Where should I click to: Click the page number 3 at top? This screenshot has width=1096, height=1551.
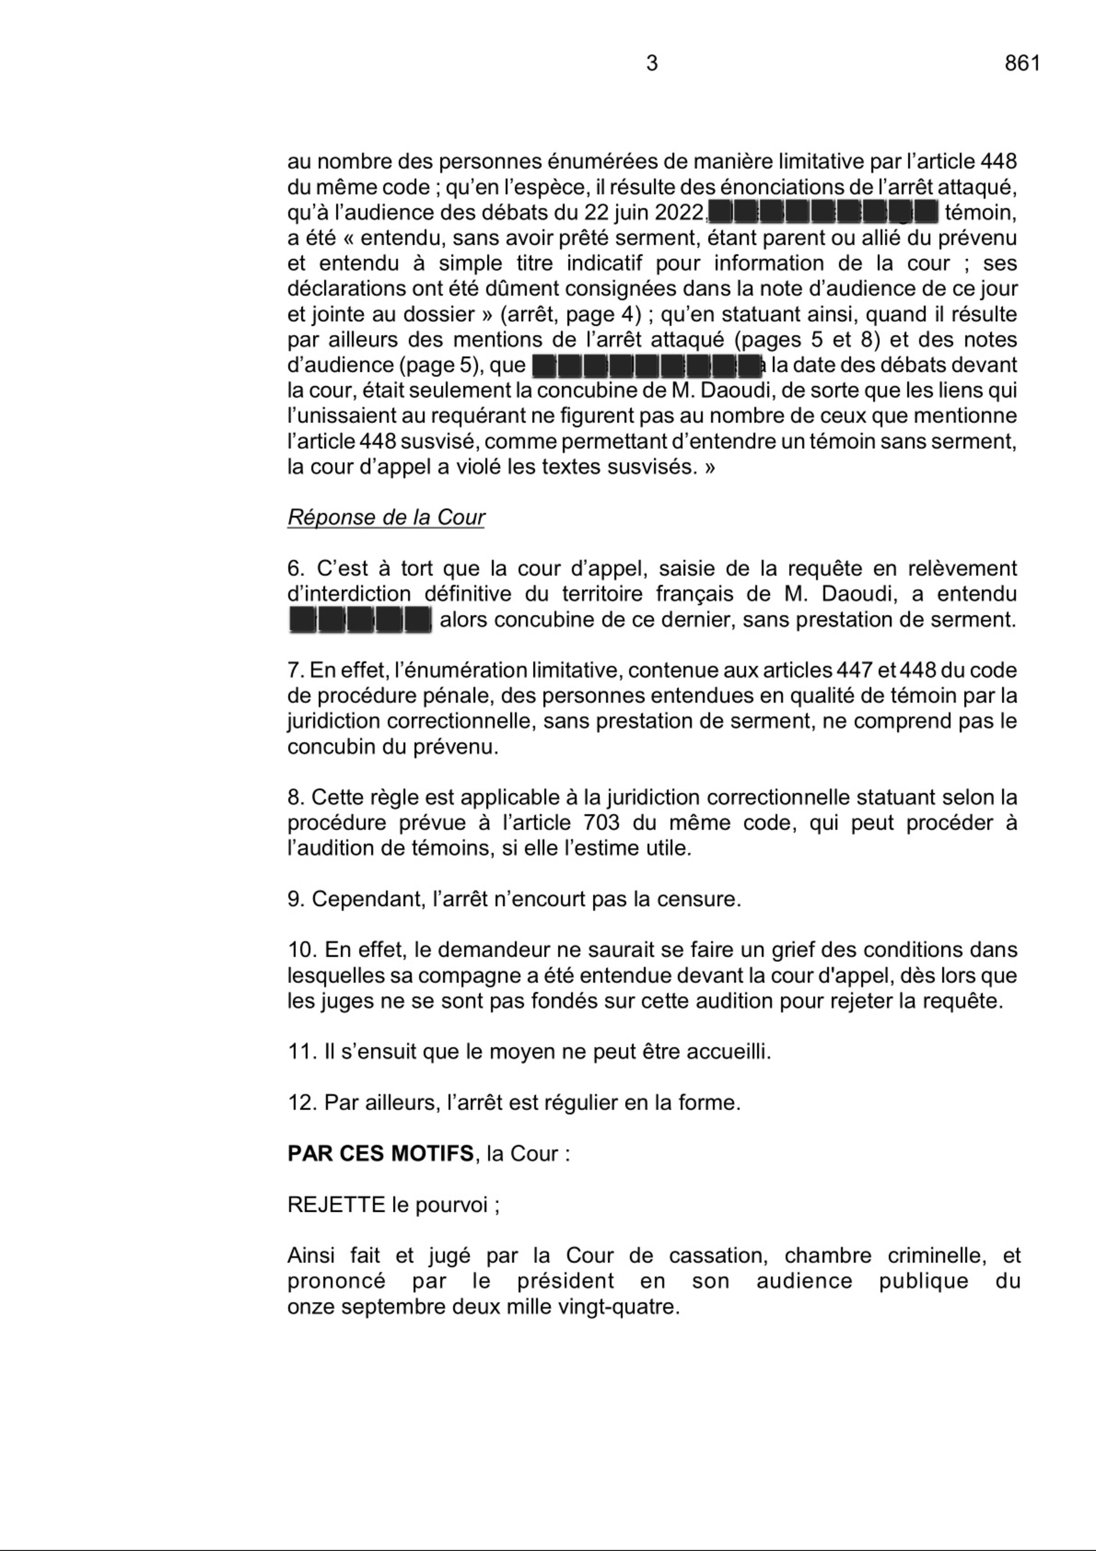click(x=652, y=63)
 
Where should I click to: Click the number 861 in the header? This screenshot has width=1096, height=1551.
click(x=1022, y=63)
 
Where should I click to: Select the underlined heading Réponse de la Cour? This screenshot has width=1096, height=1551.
click(x=386, y=518)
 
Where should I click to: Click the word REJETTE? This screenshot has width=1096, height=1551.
click(x=336, y=1204)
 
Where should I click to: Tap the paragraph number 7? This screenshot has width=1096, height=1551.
click(x=294, y=670)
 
